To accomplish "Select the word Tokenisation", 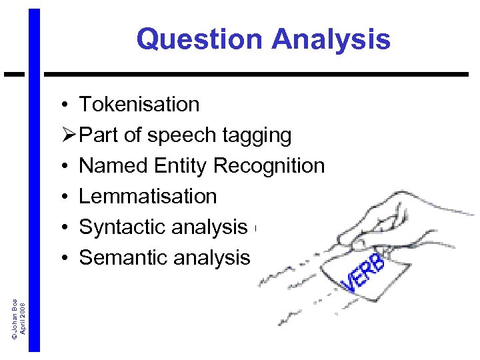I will [x=139, y=105].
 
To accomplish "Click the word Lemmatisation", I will [x=148, y=197].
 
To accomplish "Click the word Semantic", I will [x=122, y=258].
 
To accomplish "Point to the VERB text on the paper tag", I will [x=363, y=273].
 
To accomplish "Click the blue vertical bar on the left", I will [x=35, y=200].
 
